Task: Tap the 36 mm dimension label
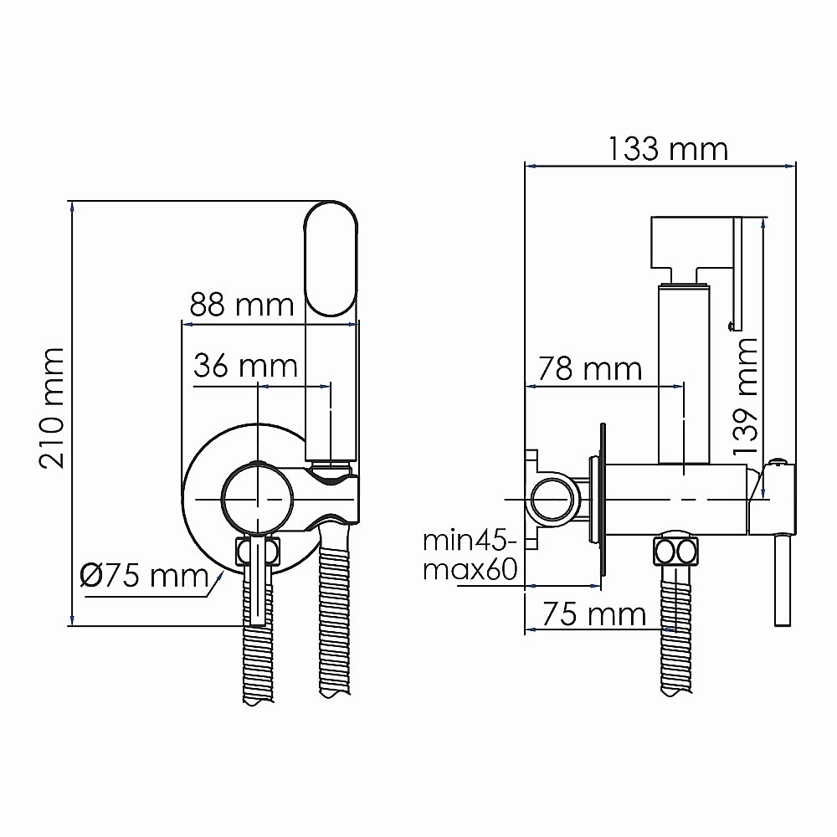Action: click(x=245, y=366)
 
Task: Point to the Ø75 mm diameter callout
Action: click(x=143, y=576)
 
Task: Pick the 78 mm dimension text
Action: click(x=589, y=368)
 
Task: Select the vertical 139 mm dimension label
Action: click(x=745, y=395)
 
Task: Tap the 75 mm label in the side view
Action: click(x=593, y=615)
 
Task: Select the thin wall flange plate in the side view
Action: click(x=600, y=502)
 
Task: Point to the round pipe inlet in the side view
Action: click(x=551, y=500)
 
